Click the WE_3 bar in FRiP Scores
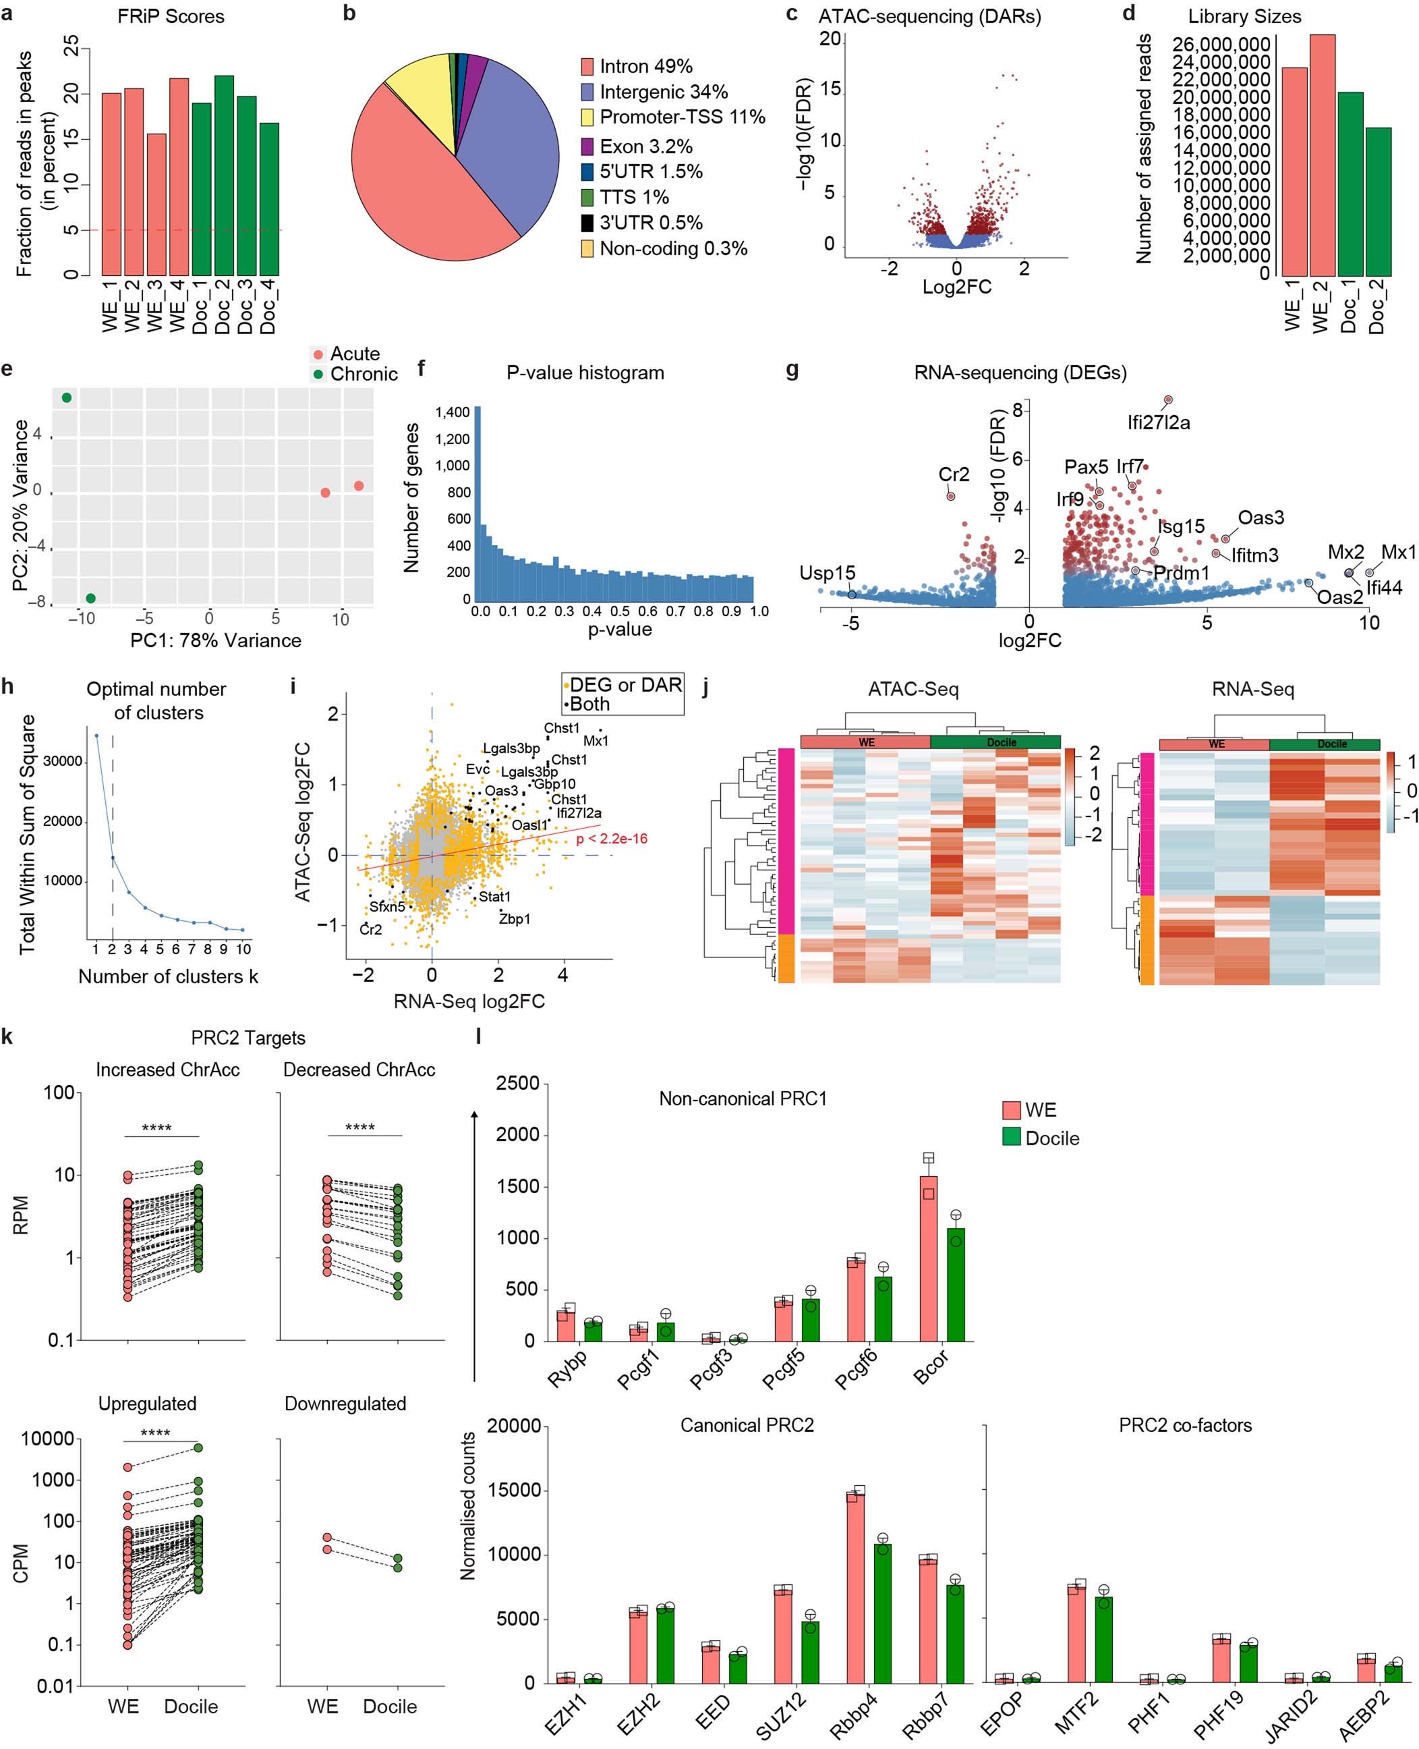156,204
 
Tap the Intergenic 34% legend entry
662,92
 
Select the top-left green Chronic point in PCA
67,398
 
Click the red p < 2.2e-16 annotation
612,839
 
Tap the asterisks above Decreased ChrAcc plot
359,1128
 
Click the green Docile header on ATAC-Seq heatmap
995,742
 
